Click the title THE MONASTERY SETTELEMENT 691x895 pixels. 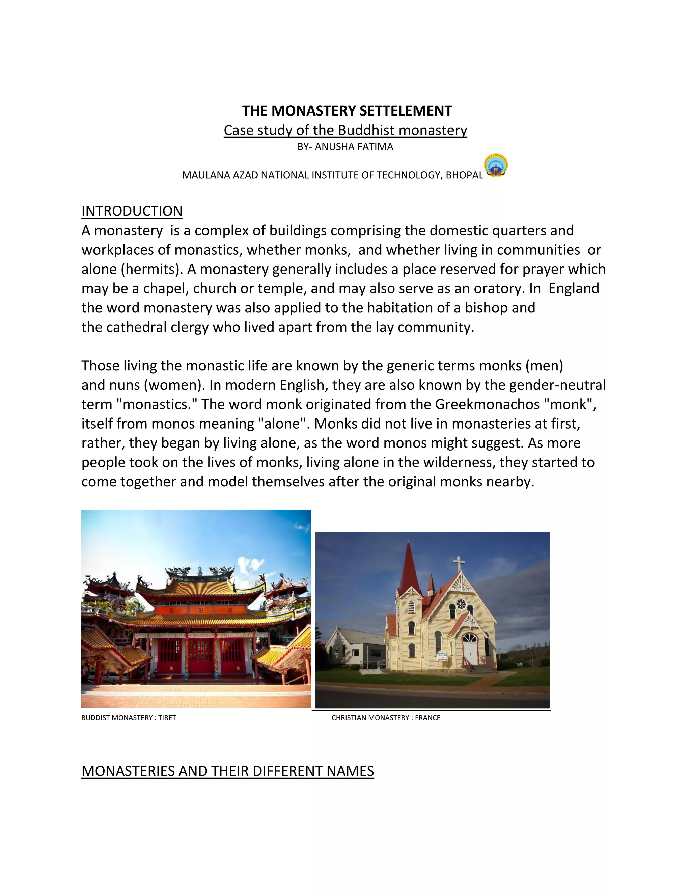[347, 111]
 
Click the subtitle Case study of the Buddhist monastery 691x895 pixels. [345, 130]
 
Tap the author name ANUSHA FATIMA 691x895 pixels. [354, 147]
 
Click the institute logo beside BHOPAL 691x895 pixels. [496, 166]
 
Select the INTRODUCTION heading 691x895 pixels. [132, 211]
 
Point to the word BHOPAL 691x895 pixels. [464, 175]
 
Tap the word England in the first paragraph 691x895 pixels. [574, 288]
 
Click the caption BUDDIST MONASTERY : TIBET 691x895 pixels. [129, 718]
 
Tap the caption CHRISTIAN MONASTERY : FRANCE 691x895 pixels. [386, 718]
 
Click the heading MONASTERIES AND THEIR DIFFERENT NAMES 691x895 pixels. [228, 771]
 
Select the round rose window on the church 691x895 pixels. [461, 604]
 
